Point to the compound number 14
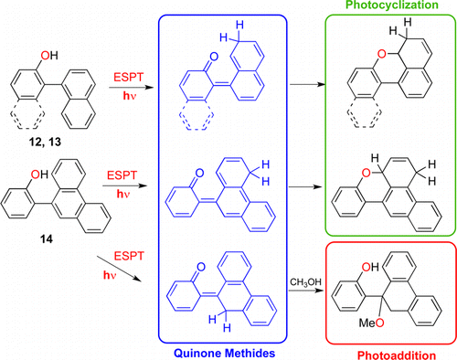(34, 235)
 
